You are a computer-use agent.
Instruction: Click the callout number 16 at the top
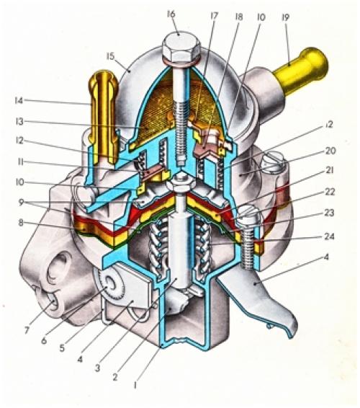pos(171,14)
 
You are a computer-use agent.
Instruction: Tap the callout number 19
pos(285,17)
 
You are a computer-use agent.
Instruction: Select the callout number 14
pos(19,100)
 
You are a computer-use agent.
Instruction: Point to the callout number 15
pos(110,56)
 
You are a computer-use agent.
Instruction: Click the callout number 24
pos(328,236)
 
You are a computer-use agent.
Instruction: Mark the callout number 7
pos(26,330)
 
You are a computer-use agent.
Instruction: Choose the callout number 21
pos(329,170)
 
